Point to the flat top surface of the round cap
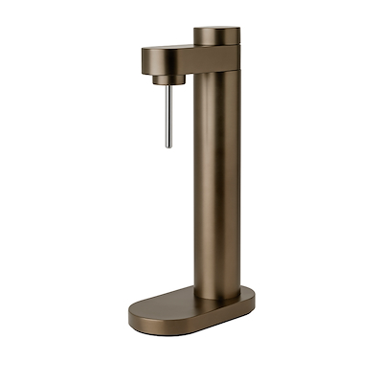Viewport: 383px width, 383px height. pyautogui.click(x=217, y=29)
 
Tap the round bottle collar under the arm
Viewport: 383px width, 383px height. pyautogui.click(x=167, y=76)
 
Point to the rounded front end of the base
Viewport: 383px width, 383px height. pyautogui.click(x=134, y=314)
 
